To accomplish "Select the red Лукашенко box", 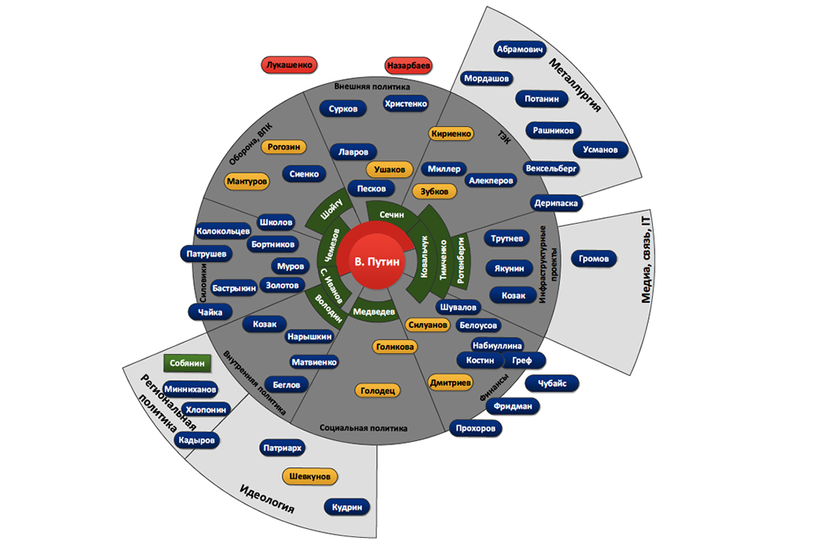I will click(x=289, y=66).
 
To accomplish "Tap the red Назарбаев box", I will click(x=408, y=65).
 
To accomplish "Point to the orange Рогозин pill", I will click(x=285, y=147).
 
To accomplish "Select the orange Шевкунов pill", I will click(x=310, y=477).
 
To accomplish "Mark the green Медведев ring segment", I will click(x=374, y=311).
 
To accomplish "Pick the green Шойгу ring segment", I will click(x=330, y=212).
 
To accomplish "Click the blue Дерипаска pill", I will click(x=557, y=203).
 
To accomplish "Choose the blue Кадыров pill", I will click(x=196, y=439).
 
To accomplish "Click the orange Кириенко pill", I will click(x=450, y=133).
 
